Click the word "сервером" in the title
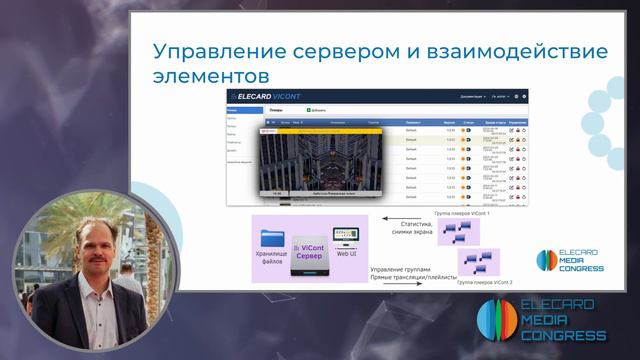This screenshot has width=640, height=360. pos(316,51)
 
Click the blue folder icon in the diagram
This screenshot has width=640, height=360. pos(273,238)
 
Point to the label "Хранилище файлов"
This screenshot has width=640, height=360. pos(273,262)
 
